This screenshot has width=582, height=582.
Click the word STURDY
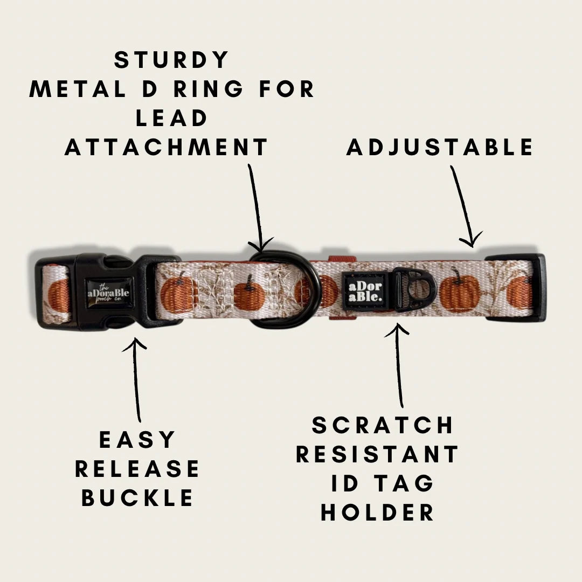pos(171,60)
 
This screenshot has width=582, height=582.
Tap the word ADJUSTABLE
pos(440,147)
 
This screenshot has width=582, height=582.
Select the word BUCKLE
pos(137,498)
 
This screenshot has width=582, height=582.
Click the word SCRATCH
pos(382,425)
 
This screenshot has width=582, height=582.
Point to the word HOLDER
pos(377,512)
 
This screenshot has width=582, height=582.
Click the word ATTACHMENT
pos(166,147)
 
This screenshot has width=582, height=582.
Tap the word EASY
pos(137,440)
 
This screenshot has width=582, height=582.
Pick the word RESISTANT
pos(377,454)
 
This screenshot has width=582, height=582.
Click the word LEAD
pos(171,118)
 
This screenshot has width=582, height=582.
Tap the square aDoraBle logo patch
pos(365,292)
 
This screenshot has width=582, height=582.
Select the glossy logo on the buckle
pos(108,293)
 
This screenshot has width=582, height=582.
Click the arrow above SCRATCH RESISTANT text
pos(398,365)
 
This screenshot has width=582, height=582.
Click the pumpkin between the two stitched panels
pos(248,293)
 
